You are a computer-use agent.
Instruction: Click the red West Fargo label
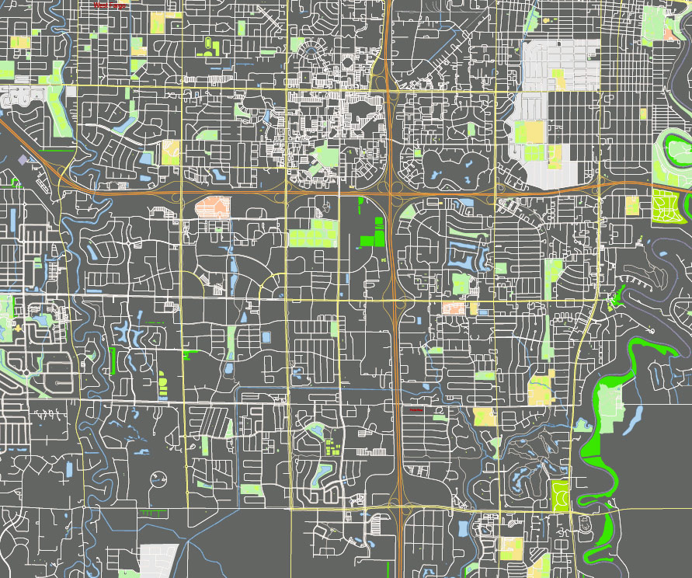coord(110,6)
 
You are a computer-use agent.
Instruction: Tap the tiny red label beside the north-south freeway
coord(415,409)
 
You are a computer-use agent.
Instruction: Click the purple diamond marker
coord(23,160)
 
